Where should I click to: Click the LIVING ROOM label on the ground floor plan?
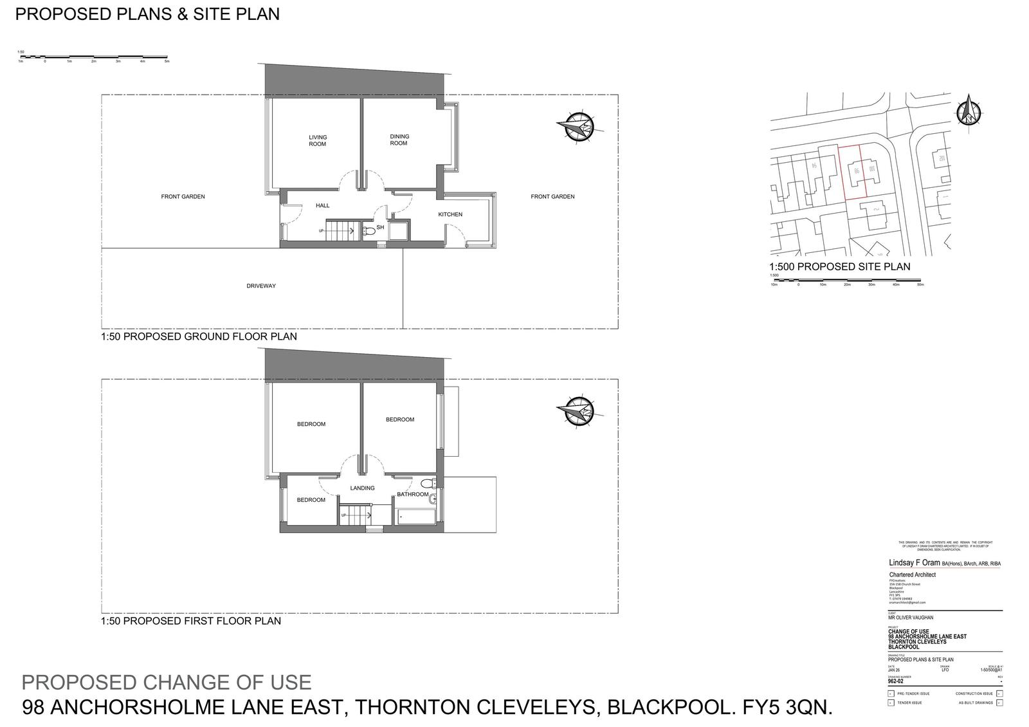(318, 140)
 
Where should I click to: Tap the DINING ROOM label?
(399, 140)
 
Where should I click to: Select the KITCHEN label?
(450, 214)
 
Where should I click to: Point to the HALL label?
(322, 205)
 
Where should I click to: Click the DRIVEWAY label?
(261, 286)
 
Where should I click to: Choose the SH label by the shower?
(380, 227)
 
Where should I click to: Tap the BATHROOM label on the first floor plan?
(412, 494)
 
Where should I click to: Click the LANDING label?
(362, 488)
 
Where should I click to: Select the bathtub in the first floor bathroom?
(415, 517)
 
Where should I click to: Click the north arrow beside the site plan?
(967, 111)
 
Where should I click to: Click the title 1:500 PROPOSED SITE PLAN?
(839, 266)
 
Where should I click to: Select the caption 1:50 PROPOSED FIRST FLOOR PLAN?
(191, 621)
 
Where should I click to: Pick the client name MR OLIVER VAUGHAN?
(911, 618)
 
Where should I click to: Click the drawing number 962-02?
(896, 681)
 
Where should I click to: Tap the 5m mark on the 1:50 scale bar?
(167, 62)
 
